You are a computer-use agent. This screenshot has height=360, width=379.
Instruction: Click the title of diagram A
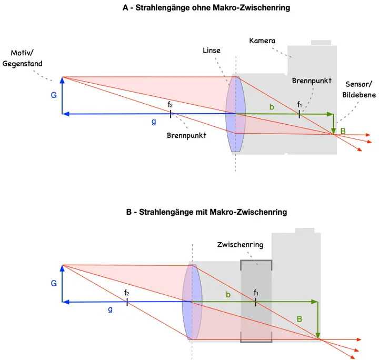[206, 8]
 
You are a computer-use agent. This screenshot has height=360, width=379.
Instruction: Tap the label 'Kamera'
[262, 41]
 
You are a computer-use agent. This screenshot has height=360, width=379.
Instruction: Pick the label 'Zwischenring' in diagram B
[240, 245]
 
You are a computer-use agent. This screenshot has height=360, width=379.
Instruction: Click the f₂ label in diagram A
[170, 105]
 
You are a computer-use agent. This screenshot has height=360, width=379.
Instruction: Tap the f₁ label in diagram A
[299, 104]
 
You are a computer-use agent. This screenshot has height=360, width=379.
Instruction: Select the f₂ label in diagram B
[126, 293]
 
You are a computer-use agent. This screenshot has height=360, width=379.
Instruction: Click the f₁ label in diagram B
[256, 293]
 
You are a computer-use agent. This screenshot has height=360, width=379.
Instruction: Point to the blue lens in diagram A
[232, 114]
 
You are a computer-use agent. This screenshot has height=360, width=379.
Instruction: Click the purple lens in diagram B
[192, 302]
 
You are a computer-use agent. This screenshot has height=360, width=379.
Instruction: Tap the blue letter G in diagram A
[54, 96]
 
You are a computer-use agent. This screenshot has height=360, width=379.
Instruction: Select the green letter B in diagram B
[300, 319]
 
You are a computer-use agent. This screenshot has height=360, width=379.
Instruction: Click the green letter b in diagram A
[272, 107]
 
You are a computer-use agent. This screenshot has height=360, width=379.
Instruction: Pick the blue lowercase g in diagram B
[110, 309]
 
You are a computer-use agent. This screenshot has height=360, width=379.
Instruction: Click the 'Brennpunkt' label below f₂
[186, 135]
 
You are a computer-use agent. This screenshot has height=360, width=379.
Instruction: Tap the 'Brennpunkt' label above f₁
[312, 81]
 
